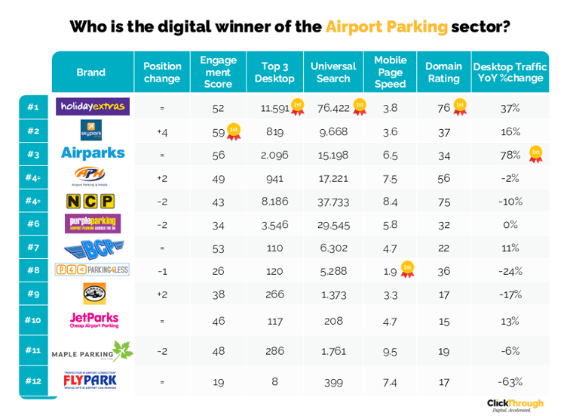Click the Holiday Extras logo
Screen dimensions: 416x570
click(x=93, y=107)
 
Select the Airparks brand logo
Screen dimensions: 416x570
click(x=93, y=153)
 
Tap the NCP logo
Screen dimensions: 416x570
click(x=90, y=201)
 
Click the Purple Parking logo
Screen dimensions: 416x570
click(x=93, y=223)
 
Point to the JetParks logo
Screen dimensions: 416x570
click(x=93, y=320)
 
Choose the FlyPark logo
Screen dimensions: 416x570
click(x=90, y=381)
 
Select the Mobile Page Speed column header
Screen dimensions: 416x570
click(x=390, y=72)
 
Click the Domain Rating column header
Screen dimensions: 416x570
click(x=443, y=72)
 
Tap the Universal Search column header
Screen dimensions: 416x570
click(x=333, y=72)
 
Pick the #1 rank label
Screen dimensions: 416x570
click(x=32, y=107)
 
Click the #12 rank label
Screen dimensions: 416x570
click(x=32, y=381)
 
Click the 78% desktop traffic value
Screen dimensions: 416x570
click(x=510, y=154)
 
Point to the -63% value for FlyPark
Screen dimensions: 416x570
click(x=510, y=381)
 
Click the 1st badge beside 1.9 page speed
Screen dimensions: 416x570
click(x=407, y=270)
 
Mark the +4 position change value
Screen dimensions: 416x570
click(x=161, y=131)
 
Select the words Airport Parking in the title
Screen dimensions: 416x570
click(x=387, y=27)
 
